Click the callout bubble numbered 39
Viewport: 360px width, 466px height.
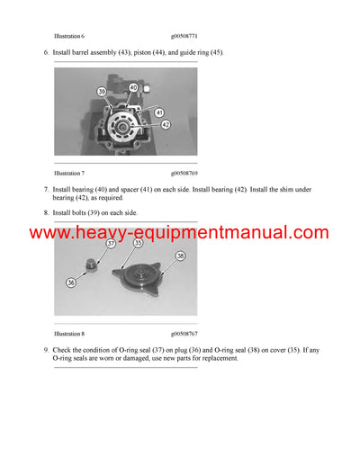[x=102, y=92]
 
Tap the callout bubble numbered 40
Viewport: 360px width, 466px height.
[x=132, y=87]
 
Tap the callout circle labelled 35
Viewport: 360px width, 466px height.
[x=139, y=243]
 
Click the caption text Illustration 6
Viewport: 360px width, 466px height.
[x=69, y=36]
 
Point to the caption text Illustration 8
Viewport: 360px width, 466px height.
[x=69, y=333]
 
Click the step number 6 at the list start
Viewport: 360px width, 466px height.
[x=46, y=53]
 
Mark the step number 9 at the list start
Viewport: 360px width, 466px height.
[x=46, y=349]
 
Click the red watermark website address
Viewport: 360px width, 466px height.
[x=180, y=233]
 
